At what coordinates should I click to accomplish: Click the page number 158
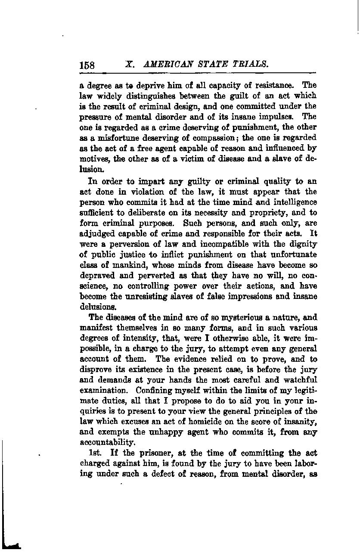(87, 65)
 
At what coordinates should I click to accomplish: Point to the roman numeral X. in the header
(130, 64)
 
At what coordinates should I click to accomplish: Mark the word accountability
(108, 443)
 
